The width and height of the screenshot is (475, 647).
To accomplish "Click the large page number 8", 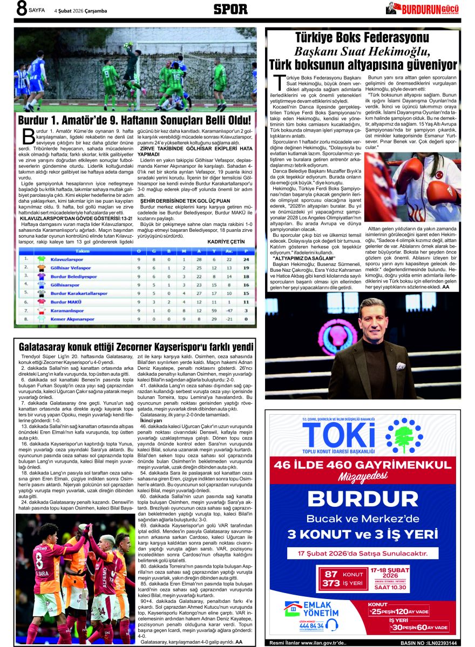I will (x=21, y=9).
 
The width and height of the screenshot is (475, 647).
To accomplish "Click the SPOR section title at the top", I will (x=230, y=9).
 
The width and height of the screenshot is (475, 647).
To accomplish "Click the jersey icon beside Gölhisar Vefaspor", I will (x=41, y=268).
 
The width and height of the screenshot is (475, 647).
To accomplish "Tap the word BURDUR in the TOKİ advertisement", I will (x=363, y=500).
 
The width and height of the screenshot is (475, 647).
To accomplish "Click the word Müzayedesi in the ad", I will (x=363, y=477).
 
